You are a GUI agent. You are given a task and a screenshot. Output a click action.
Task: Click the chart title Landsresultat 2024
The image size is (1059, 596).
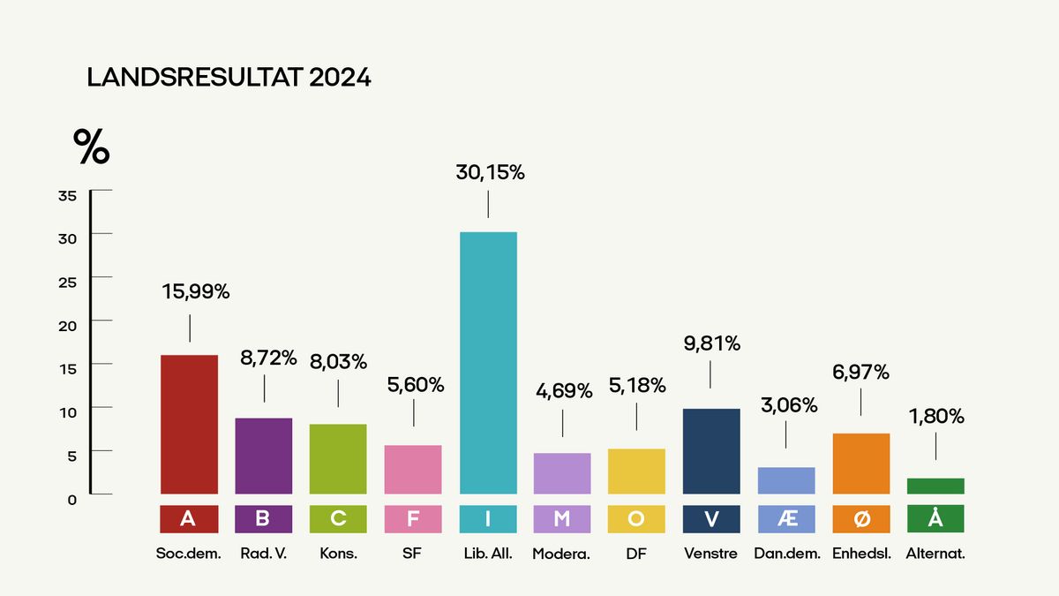coord(229,78)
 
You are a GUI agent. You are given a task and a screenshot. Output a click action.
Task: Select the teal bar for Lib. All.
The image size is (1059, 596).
coord(488,363)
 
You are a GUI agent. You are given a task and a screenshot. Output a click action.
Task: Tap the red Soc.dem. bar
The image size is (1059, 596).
coord(189,424)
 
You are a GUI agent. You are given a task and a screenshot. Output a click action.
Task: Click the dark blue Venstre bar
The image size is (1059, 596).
coord(711,451)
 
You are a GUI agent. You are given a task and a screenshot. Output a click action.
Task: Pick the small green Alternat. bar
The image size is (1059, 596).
coord(935,486)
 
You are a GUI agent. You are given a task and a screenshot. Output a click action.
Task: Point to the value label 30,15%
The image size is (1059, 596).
coord(489,173)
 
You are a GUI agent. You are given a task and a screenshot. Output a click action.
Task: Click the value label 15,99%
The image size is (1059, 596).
coord(195,292)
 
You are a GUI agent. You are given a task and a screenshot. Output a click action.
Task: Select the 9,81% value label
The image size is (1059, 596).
coord(710,343)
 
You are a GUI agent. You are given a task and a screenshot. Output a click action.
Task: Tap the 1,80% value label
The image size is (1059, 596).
coord(935,416)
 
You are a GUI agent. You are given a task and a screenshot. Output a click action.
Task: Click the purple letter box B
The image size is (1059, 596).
coord(263,518)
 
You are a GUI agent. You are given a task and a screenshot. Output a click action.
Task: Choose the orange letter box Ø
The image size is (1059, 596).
coord(861,518)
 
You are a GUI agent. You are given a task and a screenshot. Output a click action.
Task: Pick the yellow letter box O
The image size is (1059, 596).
coord(636,518)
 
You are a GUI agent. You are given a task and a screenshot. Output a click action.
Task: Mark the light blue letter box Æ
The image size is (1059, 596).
coord(786,518)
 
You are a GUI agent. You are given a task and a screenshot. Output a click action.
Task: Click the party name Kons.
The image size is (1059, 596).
coord(338,555)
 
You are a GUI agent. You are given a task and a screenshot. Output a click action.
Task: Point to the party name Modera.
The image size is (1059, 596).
coord(561,555)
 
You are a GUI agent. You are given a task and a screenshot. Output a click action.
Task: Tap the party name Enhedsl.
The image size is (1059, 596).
coord(861,555)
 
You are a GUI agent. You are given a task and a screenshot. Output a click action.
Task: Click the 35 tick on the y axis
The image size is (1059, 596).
coord(68,196)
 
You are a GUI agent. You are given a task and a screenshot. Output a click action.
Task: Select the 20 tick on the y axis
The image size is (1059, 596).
coord(68,326)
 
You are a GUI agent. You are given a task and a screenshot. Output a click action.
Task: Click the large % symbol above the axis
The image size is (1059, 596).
coord(91,147)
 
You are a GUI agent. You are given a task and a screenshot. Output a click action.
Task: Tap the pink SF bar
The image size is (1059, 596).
coord(413,469)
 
